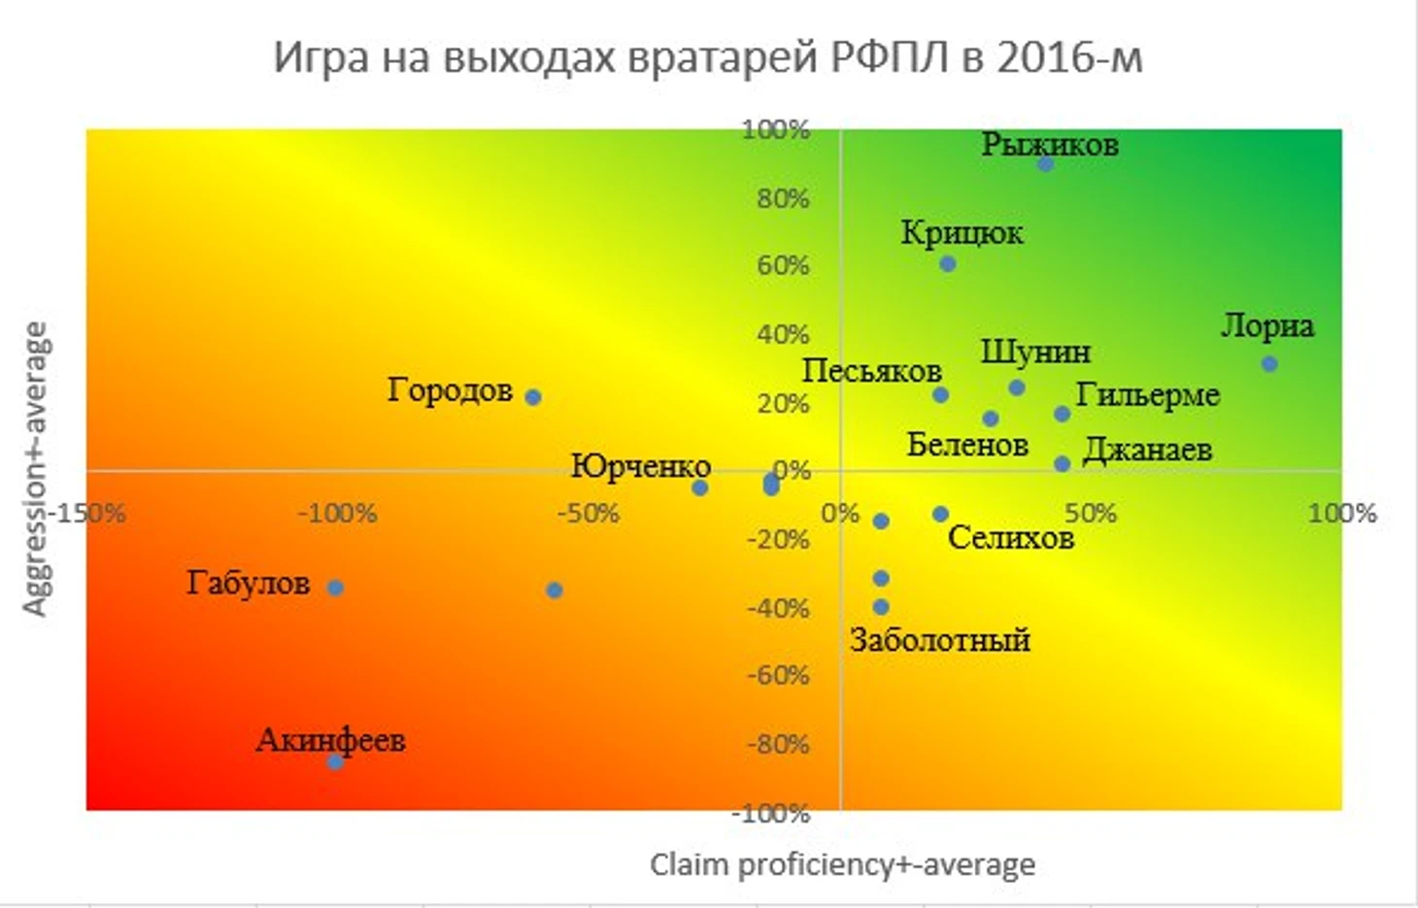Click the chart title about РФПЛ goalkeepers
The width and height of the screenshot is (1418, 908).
pyautogui.click(x=707, y=57)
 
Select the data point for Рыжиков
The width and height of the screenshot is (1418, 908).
pyautogui.click(x=1045, y=163)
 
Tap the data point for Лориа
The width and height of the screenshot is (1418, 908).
pyautogui.click(x=1269, y=364)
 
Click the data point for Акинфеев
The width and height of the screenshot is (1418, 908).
pyautogui.click(x=335, y=762)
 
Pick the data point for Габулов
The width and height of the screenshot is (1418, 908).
pyautogui.click(x=335, y=588)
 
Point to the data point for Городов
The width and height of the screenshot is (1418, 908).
pyautogui.click(x=533, y=397)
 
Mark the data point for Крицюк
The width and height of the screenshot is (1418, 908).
pyautogui.click(x=948, y=264)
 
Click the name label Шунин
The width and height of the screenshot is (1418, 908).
pyautogui.click(x=1035, y=352)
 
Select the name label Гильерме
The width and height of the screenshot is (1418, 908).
pyautogui.click(x=1147, y=395)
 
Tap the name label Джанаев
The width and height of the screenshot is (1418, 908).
pyautogui.click(x=1147, y=450)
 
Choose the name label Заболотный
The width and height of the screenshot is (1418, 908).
pyautogui.click(x=939, y=640)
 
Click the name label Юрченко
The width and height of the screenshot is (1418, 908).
pyautogui.click(x=640, y=466)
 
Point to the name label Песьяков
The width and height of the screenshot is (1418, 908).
pyautogui.click(x=871, y=370)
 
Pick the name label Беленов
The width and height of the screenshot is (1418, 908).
pyautogui.click(x=967, y=445)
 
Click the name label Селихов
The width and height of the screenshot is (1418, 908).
pyautogui.click(x=1010, y=537)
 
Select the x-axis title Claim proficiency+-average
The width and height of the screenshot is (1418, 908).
pyautogui.click(x=842, y=864)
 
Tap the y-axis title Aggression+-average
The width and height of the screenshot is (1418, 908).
pyautogui.click(x=35, y=470)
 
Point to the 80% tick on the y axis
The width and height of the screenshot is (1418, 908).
pyautogui.click(x=783, y=198)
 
